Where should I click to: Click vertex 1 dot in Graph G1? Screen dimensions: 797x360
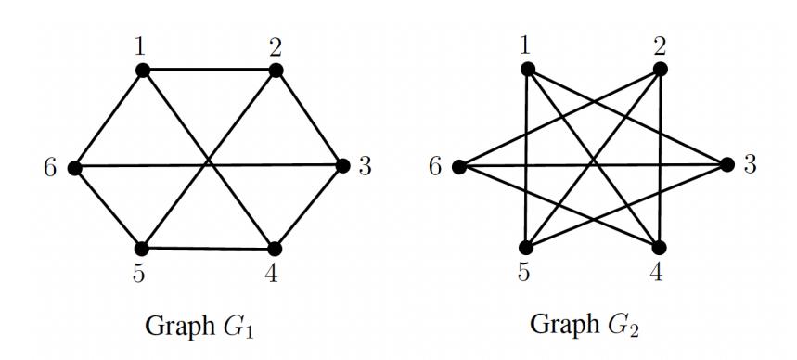[143, 71]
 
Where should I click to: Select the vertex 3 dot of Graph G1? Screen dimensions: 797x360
[343, 166]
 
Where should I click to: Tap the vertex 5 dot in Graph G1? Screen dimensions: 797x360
[141, 249]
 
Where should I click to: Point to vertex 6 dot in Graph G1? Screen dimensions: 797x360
[75, 168]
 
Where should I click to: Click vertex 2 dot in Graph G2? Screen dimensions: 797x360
[660, 69]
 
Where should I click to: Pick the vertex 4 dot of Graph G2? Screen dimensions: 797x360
[659, 248]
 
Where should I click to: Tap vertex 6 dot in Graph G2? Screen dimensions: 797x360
[459, 167]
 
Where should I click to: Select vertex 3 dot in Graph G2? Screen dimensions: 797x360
[727, 165]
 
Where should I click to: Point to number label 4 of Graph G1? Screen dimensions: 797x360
[271, 274]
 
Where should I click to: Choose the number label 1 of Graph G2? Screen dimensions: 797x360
[525, 45]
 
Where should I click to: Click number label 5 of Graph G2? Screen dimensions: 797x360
[523, 273]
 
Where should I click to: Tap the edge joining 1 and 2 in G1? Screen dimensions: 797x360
[210, 71]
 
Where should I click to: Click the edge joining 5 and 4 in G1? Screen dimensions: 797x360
[208, 249]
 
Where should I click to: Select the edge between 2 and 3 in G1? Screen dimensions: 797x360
[310, 118]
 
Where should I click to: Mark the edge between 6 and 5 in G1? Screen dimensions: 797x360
[108, 209]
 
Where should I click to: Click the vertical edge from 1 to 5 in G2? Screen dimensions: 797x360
[527, 158]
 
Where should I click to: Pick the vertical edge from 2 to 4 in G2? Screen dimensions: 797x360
[660, 158]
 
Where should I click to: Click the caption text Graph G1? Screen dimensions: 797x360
[199, 327]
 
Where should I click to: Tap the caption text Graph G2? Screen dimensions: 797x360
[585, 325]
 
